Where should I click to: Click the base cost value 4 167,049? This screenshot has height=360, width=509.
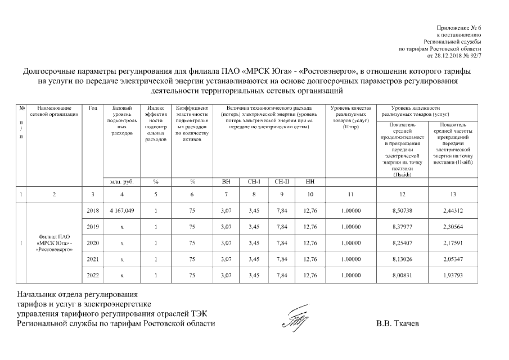pyautogui.click(x=118, y=210)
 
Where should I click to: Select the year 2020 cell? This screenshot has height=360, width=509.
pyautogui.click(x=93, y=243)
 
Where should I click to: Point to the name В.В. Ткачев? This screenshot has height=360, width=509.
pyautogui.click(x=398, y=324)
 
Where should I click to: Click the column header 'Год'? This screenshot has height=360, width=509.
pyautogui.click(x=93, y=108)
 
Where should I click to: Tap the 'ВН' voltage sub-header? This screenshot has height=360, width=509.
pyautogui.click(x=227, y=182)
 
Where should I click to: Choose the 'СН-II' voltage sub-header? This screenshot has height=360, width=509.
pyautogui.click(x=282, y=182)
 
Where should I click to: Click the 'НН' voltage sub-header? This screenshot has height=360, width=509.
pyautogui.click(x=309, y=182)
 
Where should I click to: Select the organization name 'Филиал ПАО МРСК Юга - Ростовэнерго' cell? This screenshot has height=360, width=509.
pyautogui.click(x=55, y=243)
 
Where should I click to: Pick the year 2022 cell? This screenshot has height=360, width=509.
pyautogui.click(x=93, y=275)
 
